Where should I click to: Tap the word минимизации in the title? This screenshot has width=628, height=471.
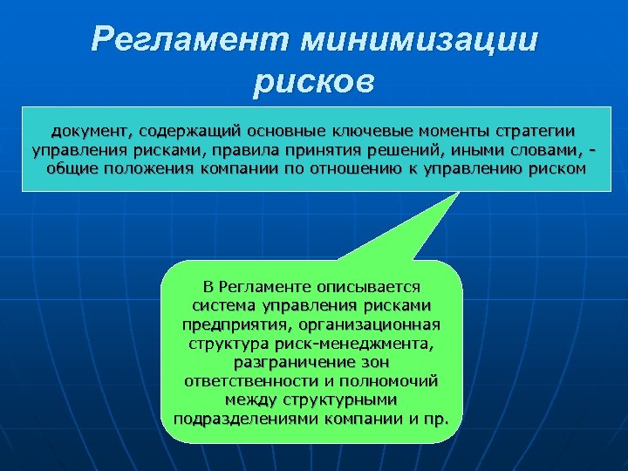(x=420, y=41)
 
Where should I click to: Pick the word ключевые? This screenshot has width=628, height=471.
(x=369, y=131)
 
